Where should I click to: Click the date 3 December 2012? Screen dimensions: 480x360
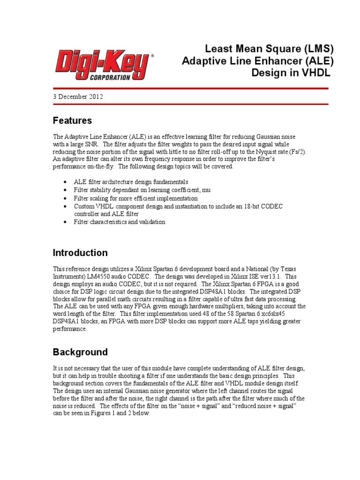click(78, 97)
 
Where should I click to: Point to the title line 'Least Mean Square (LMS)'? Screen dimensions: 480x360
click(270, 48)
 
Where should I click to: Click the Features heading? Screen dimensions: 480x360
click(72, 120)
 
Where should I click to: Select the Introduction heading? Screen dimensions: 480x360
click(80, 253)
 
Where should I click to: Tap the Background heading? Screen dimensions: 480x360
click(80, 352)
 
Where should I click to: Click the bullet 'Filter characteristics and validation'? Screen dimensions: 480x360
click(120, 222)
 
